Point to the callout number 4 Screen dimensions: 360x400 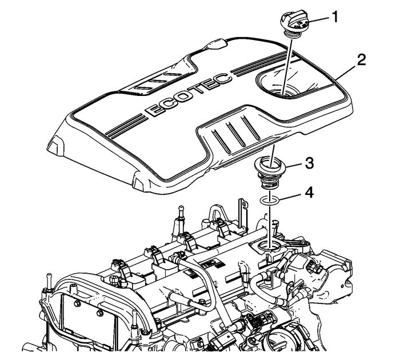[308, 194]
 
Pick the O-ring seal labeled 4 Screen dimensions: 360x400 [269, 201]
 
